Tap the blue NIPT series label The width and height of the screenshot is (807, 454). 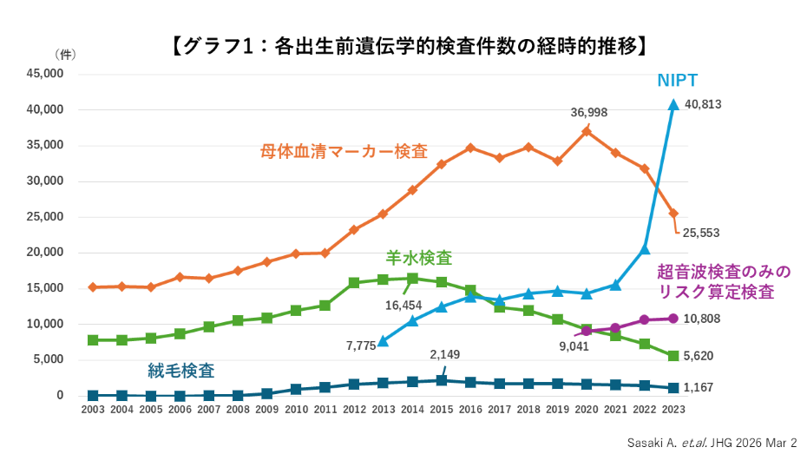677,81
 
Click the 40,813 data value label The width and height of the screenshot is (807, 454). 703,104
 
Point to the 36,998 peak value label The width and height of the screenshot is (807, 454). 588,113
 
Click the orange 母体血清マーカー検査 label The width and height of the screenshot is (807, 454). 344,150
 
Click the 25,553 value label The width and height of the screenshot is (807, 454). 701,233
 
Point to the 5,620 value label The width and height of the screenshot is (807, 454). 699,356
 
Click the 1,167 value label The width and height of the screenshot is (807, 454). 699,387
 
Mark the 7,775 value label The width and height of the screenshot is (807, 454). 360,345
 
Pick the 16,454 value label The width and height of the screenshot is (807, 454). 403,305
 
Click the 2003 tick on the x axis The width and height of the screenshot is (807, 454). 93,409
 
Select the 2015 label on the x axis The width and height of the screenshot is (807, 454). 442,409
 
